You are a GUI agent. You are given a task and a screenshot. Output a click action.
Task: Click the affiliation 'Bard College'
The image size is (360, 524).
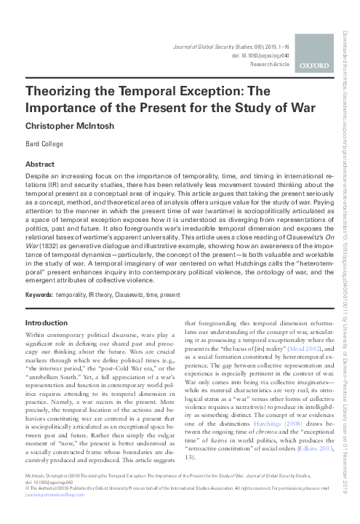[43, 143]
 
